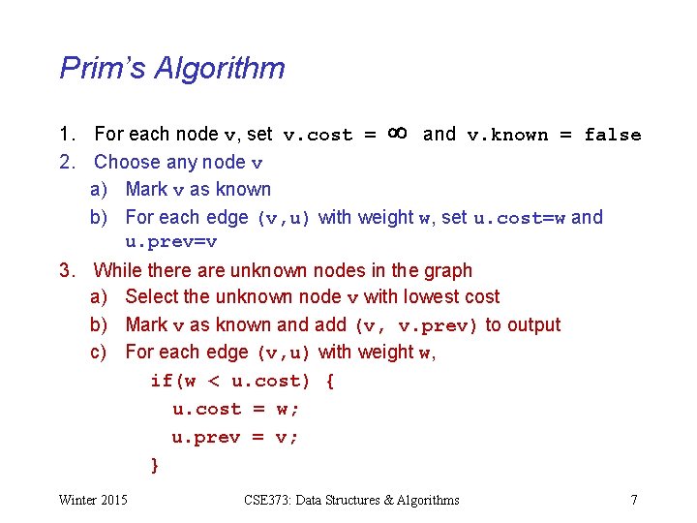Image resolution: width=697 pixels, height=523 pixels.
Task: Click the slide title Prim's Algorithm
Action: [172, 68]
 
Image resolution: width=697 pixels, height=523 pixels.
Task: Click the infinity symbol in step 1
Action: [397, 132]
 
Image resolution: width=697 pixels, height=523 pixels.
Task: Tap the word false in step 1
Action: [613, 135]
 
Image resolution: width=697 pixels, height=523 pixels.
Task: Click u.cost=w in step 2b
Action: [520, 218]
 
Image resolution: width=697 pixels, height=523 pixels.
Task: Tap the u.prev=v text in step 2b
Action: [171, 242]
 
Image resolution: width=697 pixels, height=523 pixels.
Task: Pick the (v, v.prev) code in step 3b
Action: [417, 325]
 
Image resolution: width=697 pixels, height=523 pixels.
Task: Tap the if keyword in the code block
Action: [161, 381]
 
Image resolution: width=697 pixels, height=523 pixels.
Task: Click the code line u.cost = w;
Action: [236, 409]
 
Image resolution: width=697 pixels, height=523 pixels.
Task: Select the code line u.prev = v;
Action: [236, 437]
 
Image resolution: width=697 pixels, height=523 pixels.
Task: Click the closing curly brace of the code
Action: [155, 465]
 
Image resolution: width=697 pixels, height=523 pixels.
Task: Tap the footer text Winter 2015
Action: [93, 500]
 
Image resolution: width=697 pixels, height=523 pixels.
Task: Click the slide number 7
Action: [633, 500]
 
